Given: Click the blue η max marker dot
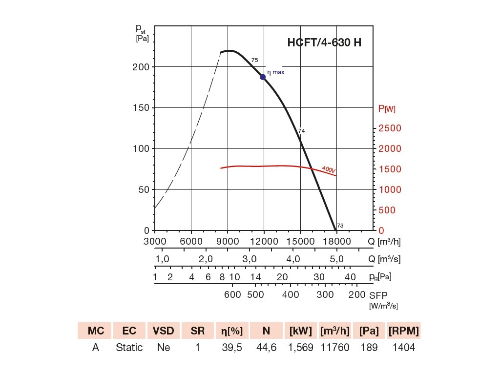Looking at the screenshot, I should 263,77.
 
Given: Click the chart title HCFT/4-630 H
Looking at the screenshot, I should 324,42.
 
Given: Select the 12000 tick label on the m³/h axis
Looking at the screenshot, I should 264,241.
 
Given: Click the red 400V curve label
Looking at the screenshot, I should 329,169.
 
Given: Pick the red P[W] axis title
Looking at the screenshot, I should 387,109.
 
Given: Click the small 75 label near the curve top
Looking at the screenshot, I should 254,60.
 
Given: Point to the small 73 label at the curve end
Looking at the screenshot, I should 340,226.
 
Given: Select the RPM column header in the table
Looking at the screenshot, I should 403,331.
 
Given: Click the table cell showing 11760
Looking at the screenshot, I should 334,348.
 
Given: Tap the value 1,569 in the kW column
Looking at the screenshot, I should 300,348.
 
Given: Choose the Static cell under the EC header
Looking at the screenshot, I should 129,348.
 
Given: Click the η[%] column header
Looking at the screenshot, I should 232,331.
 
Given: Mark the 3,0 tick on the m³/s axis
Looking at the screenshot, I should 249,259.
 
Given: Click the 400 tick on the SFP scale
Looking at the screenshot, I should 291,294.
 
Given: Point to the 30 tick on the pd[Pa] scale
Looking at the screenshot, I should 319,277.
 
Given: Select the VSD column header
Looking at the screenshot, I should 164,331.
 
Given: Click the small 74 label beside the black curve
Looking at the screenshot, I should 302,131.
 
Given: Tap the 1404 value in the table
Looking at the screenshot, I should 403,348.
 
